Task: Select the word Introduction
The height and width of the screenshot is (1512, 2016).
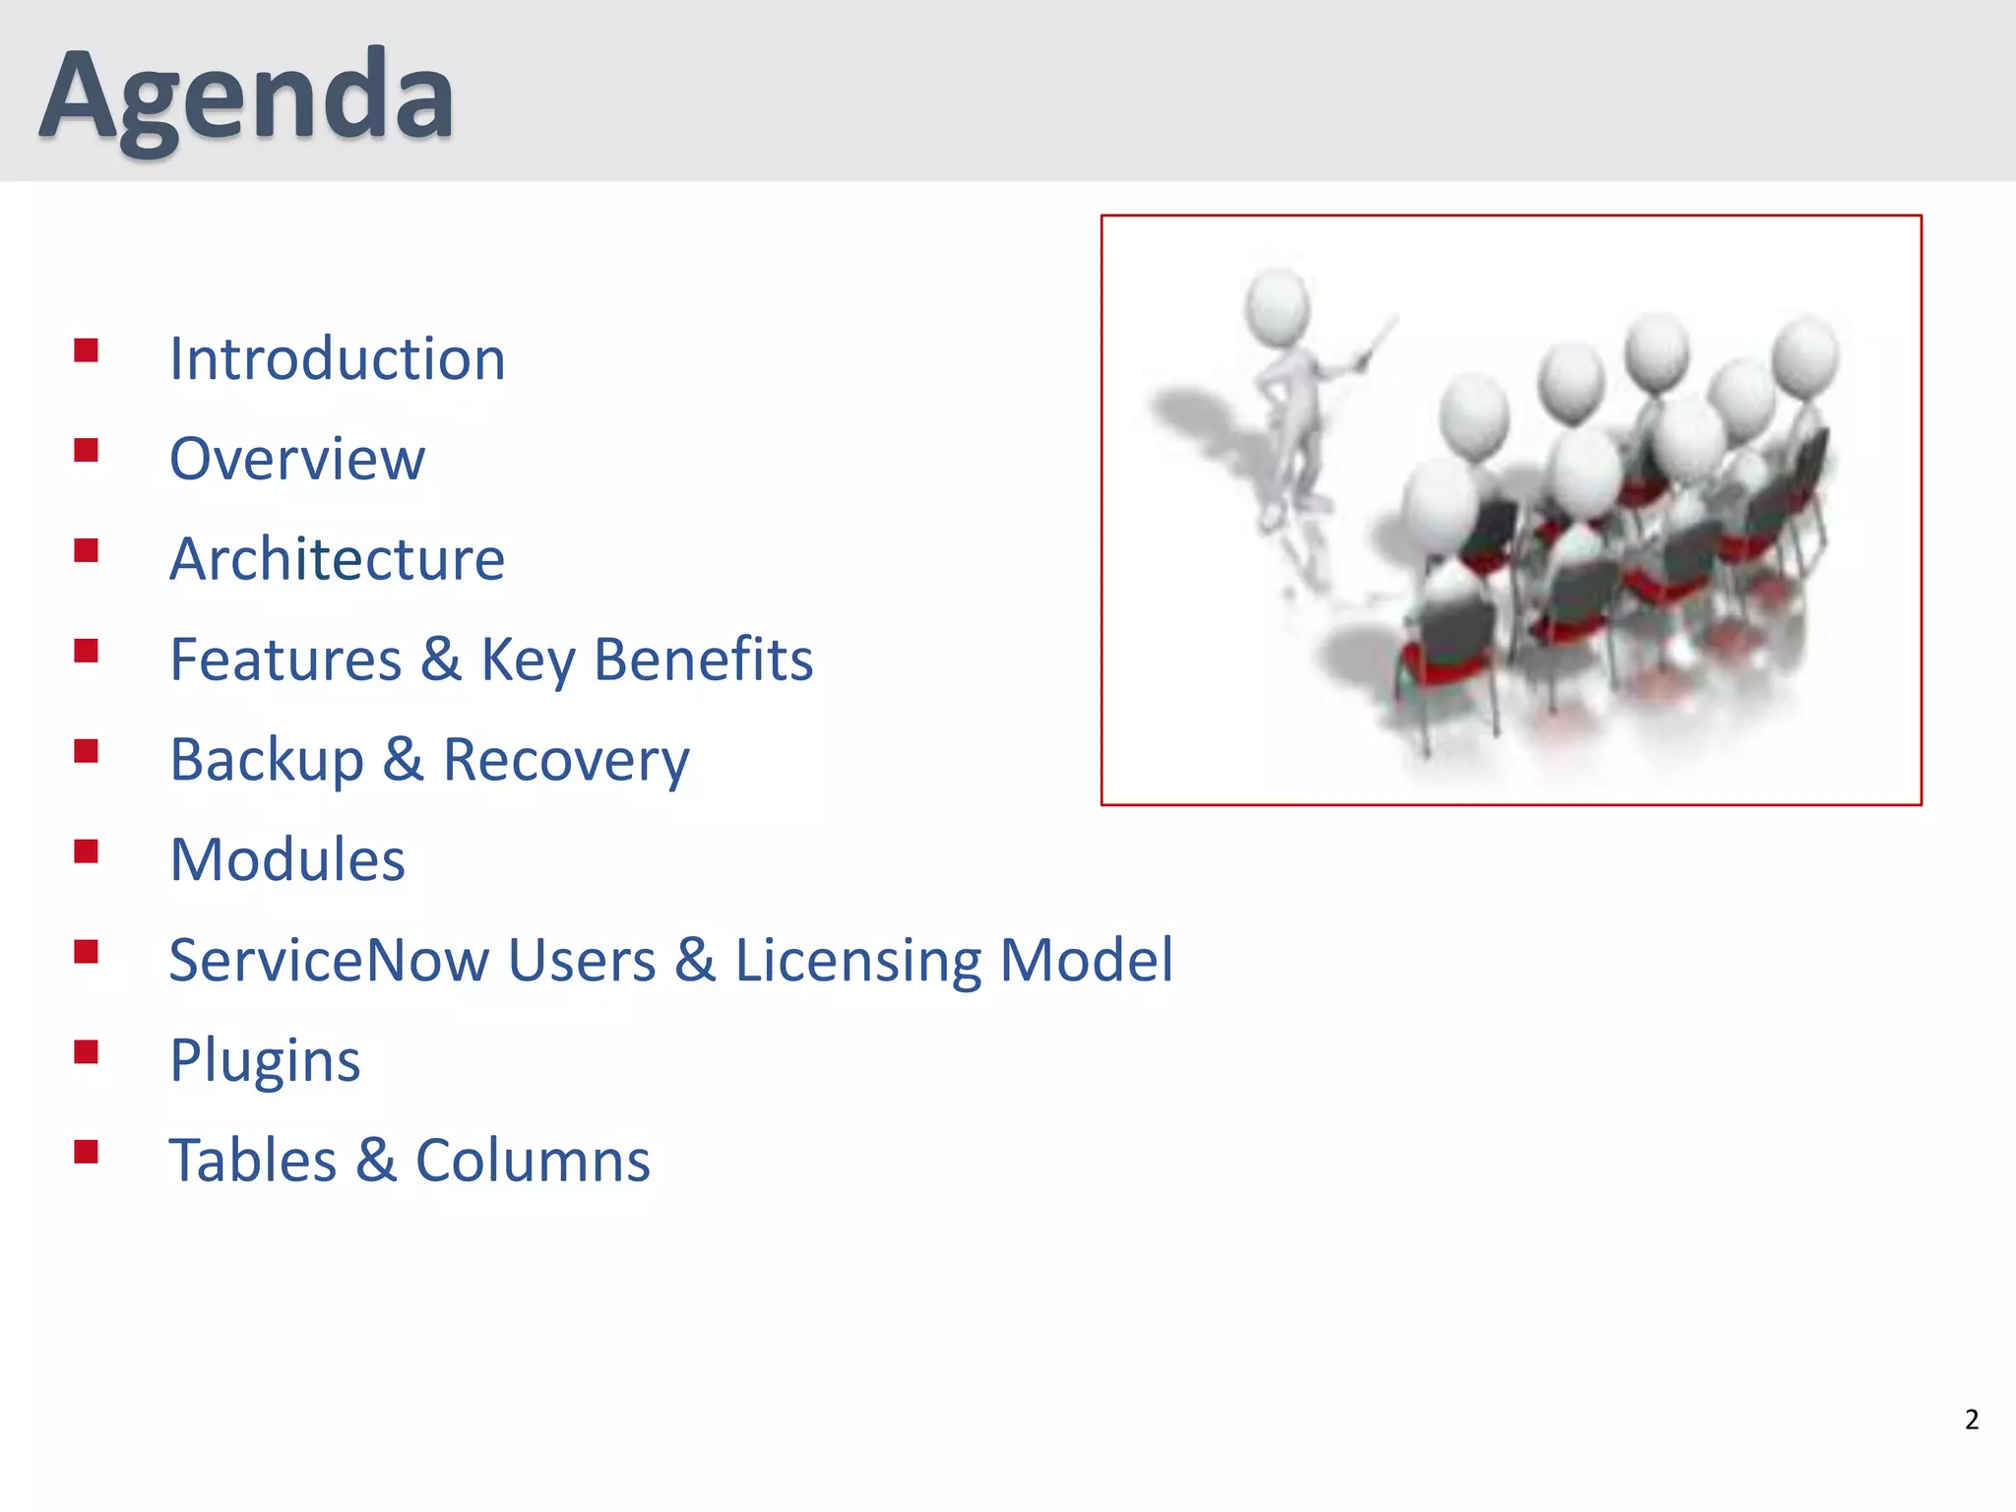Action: pos(338,358)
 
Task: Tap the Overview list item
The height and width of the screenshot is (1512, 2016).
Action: pos(297,459)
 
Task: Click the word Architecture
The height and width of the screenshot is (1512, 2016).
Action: pos(338,559)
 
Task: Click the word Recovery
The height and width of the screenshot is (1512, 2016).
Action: pos(566,760)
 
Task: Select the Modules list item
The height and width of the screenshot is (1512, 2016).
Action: pos(287,859)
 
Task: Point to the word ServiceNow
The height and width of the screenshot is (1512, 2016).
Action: pos(329,960)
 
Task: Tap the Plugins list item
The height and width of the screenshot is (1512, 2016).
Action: pos(265,1061)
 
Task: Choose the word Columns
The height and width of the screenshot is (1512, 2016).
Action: pos(533,1161)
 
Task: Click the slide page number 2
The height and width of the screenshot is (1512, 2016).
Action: pos(1971,1419)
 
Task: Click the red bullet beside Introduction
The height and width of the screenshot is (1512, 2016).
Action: pos(87,350)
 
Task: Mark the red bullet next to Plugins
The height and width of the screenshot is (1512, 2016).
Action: pos(87,1052)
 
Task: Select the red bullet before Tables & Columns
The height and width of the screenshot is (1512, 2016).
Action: pos(87,1152)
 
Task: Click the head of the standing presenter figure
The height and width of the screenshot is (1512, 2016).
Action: pos(1277,305)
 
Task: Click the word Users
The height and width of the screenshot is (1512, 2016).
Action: pos(582,960)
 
